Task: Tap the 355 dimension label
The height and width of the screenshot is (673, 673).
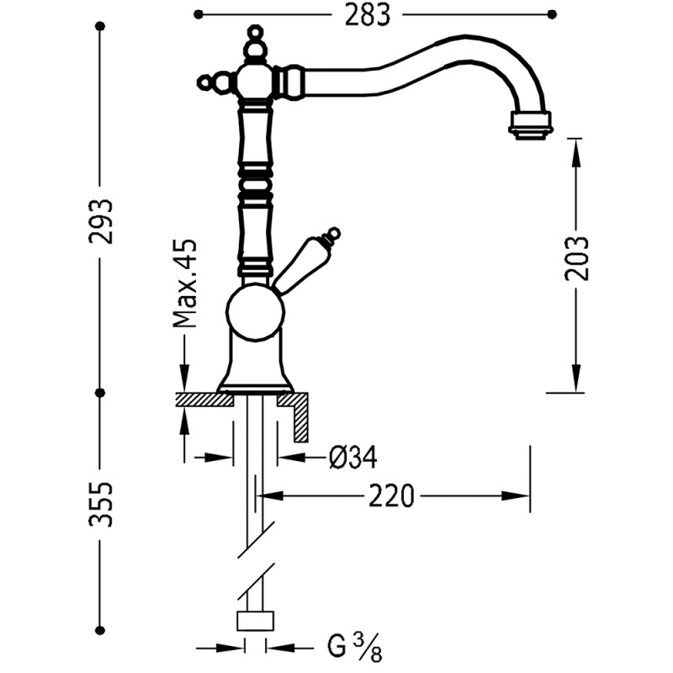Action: (102, 503)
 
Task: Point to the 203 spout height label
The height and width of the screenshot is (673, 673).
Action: (577, 257)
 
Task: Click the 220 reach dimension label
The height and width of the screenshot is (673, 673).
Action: (391, 496)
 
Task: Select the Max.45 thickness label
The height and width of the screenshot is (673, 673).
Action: (184, 282)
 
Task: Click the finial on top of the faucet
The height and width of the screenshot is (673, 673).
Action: (252, 38)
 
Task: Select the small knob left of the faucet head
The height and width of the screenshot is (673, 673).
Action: (206, 82)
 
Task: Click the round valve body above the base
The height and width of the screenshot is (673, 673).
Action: (255, 307)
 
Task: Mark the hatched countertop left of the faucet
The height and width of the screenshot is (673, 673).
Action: (203, 399)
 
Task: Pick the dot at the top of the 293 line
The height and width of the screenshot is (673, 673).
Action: (101, 27)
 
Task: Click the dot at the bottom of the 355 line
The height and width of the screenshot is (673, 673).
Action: (101, 629)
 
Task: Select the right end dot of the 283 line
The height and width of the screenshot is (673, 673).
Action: (553, 13)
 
